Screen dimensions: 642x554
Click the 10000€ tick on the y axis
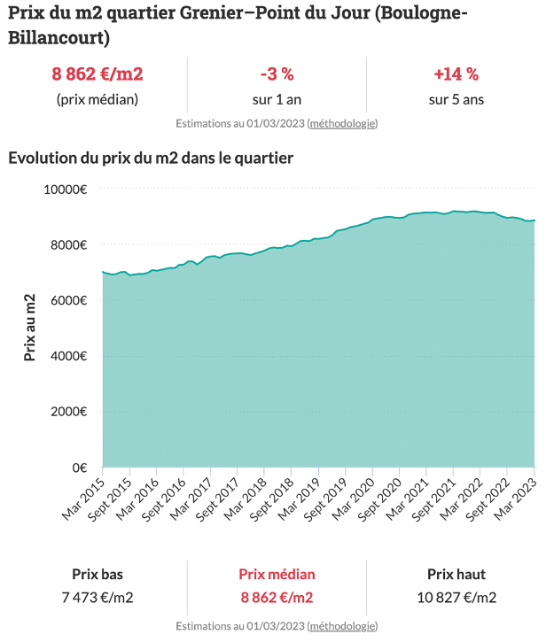point(66,189)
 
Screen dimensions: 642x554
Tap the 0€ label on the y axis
point(79,468)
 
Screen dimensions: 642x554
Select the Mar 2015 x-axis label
point(84,499)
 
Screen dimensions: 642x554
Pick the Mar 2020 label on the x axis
point(354,499)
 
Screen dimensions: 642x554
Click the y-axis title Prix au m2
point(30,328)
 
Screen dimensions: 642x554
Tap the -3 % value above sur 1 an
point(277,73)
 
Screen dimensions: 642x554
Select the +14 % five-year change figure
point(456,73)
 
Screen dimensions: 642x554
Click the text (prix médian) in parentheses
point(98,99)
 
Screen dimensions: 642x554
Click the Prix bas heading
point(98,574)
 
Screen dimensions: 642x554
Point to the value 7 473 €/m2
point(98,598)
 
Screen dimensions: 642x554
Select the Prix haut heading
point(456,574)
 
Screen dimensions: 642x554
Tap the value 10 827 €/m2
point(456,598)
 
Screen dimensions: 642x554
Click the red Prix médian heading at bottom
point(277,574)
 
